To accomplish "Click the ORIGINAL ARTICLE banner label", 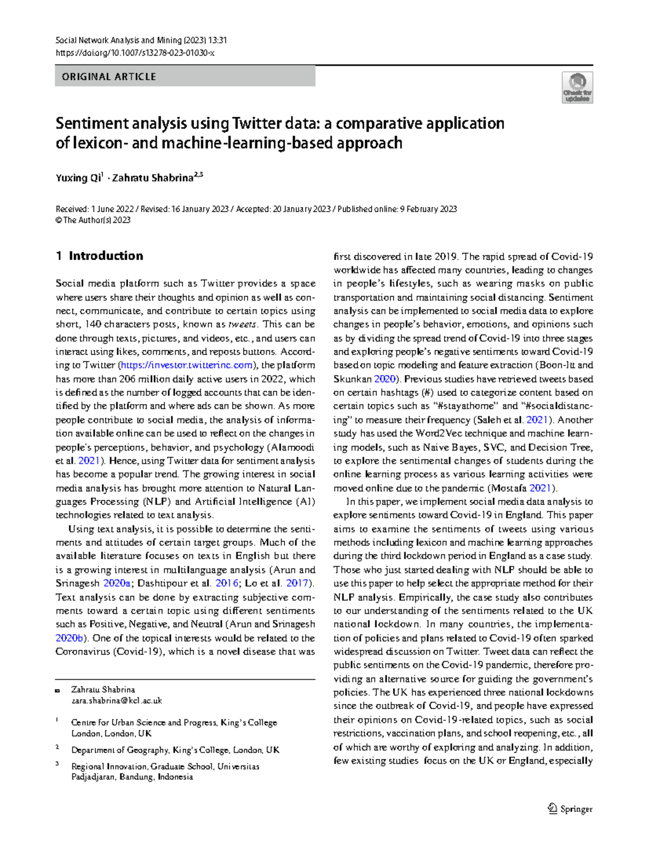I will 109,77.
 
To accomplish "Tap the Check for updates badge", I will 577,88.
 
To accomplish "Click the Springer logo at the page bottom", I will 570,809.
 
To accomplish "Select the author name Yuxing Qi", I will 78,178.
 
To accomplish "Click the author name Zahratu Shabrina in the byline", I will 153,178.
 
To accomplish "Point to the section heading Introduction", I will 106,256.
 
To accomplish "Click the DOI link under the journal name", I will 135,53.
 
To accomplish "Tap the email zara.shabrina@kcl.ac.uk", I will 117,700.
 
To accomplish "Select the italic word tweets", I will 243,325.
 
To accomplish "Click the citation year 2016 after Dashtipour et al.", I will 227,583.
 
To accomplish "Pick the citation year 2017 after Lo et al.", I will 297,583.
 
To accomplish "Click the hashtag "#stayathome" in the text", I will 464,406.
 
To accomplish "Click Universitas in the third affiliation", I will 238,766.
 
